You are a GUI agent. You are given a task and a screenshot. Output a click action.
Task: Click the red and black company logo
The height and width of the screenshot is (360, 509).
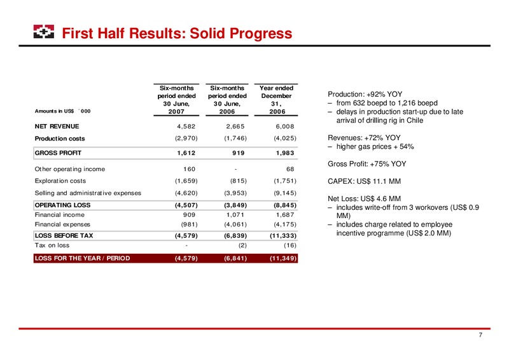44,32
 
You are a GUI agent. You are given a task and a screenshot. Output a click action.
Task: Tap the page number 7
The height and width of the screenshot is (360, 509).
480,335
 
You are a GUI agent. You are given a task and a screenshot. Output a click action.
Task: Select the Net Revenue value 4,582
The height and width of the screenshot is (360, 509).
186,127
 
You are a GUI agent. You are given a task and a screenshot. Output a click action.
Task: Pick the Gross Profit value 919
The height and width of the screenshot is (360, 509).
238,153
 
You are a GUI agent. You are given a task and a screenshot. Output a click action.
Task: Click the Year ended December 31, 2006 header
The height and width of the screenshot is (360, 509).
276,100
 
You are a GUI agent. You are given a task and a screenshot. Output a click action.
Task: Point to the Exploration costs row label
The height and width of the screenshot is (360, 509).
60,181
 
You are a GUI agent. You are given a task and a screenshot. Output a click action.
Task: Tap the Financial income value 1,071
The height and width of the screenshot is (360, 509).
235,214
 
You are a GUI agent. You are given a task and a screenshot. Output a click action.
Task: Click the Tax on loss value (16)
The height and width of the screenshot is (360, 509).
290,246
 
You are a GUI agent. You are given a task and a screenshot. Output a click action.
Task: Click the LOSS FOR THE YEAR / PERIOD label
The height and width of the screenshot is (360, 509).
83,258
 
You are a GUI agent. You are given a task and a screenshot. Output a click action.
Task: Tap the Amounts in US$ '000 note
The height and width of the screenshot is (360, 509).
62,111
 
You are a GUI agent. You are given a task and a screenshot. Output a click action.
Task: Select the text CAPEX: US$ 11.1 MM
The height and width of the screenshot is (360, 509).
364,181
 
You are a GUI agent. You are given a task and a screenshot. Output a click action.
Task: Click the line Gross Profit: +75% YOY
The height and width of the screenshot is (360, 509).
367,164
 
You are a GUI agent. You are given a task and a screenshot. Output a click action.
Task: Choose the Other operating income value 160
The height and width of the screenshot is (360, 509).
189,169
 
